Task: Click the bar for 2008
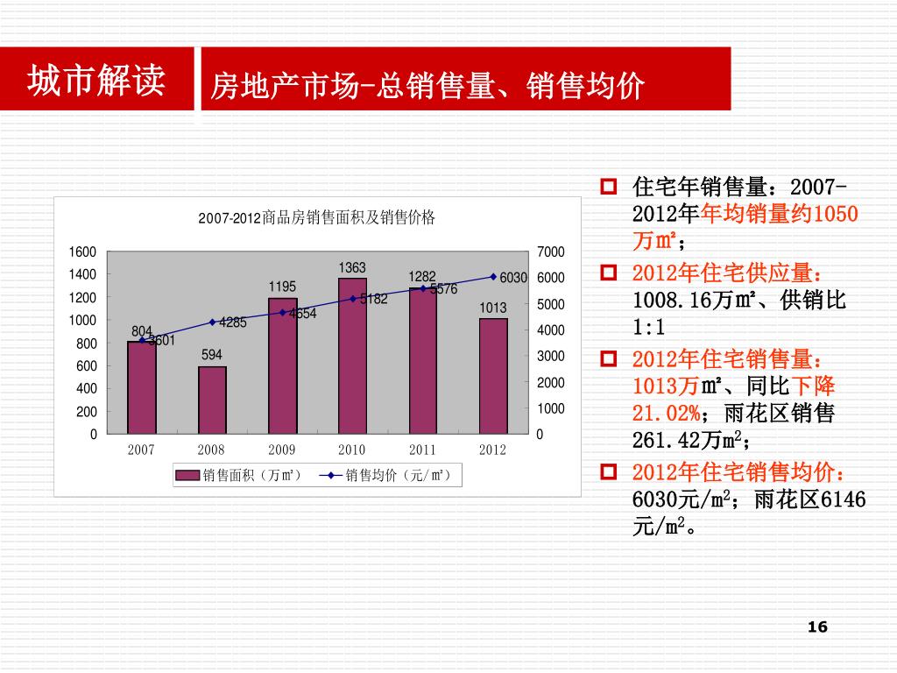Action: tap(212, 400)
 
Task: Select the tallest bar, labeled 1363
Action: tap(352, 355)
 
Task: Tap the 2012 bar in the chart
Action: tap(493, 376)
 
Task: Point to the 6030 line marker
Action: tap(493, 277)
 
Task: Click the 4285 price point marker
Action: tap(212, 322)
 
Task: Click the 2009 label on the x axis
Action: tap(281, 450)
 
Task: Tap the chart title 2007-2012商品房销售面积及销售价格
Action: tap(316, 218)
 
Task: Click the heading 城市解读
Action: tap(96, 81)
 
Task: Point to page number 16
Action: tap(817, 627)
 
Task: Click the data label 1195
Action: tap(282, 287)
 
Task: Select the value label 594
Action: tap(212, 355)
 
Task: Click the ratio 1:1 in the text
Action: tap(649, 328)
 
